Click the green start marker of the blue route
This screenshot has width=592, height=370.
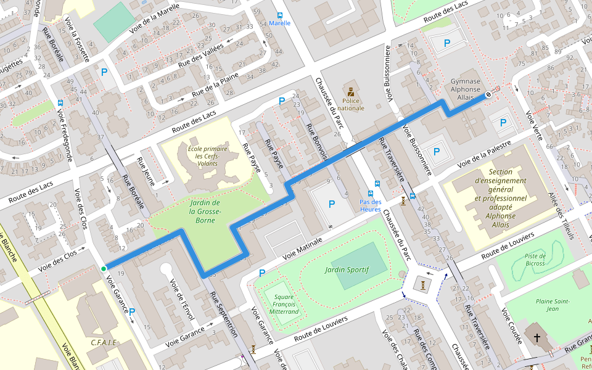pos(104,268)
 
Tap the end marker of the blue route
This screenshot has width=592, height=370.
pos(488,94)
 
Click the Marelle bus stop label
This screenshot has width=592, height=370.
pos(280,23)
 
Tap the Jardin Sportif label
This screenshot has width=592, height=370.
pos(347,269)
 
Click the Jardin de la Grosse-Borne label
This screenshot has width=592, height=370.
pos(205,211)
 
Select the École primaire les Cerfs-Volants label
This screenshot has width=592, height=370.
pos(207,156)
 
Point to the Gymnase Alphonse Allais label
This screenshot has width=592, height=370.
pos(466,89)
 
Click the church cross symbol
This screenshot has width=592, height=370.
pos(537,338)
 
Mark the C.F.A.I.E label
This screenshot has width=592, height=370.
pos(104,342)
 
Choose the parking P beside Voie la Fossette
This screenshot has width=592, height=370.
pos(104,72)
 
